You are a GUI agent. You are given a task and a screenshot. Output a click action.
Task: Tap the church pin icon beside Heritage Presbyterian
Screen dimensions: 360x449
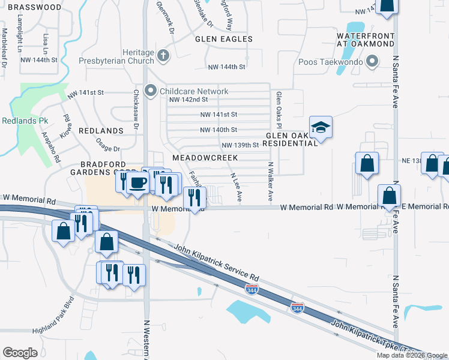point(163,56)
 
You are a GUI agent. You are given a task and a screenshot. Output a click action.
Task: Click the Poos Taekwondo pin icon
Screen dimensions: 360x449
point(372,61)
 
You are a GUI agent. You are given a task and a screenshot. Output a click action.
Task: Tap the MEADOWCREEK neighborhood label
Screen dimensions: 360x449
point(205,158)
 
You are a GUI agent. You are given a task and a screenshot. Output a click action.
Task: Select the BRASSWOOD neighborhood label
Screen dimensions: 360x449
point(31,7)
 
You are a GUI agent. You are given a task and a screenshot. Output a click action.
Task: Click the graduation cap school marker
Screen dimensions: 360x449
point(321,127)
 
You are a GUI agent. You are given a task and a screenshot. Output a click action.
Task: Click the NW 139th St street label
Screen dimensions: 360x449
point(240,145)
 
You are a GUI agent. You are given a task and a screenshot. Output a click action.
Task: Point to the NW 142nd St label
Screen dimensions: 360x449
point(188,100)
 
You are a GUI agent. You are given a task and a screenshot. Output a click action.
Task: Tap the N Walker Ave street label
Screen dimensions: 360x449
point(270,181)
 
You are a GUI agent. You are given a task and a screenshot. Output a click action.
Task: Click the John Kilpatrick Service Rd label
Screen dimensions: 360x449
point(216,262)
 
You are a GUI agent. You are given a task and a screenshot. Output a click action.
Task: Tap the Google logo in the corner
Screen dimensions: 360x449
point(20,352)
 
